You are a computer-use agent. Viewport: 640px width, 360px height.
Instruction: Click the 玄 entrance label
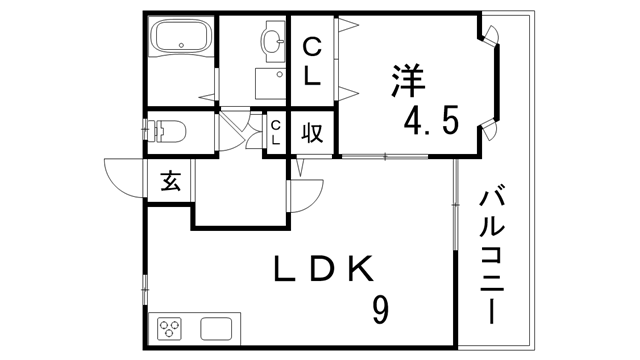[x=170, y=181]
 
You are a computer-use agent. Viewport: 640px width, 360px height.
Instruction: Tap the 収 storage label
[x=312, y=132]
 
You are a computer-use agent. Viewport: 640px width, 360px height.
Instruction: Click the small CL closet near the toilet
[x=276, y=132]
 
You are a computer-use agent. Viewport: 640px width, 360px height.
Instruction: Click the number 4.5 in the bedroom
[x=431, y=122]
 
